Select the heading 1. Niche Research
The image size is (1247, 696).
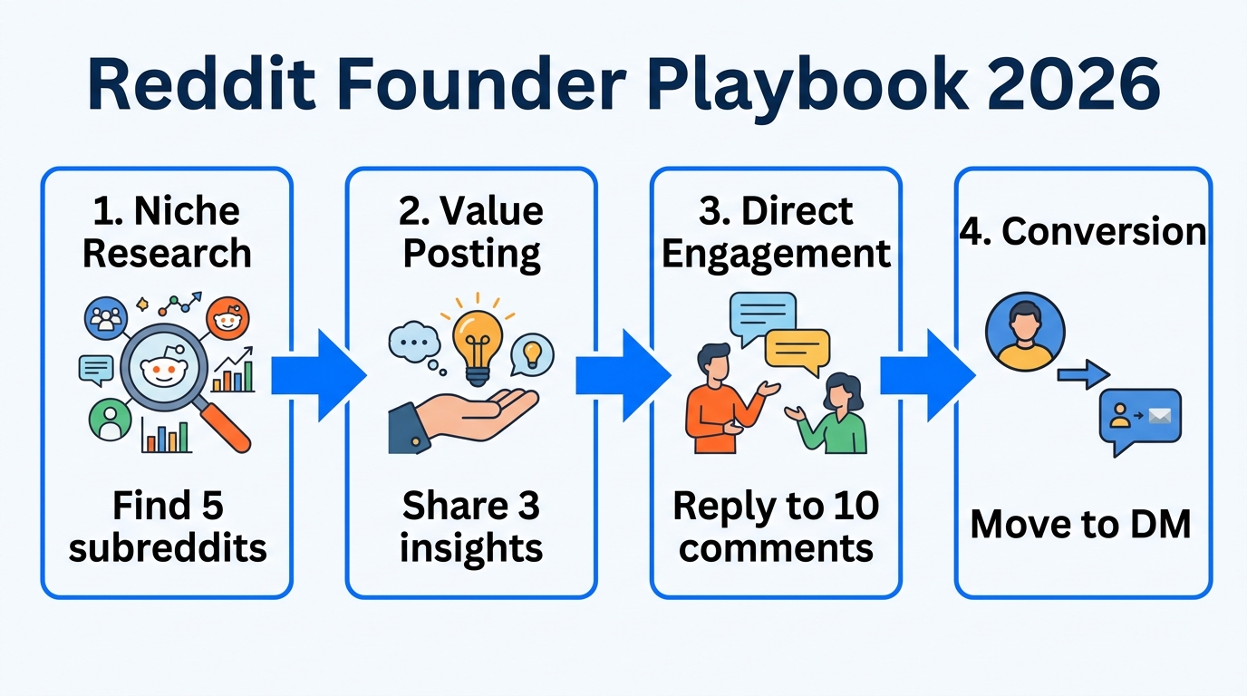tap(167, 232)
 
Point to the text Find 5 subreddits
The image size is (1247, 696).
tap(168, 527)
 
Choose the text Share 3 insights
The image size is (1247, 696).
tap(471, 527)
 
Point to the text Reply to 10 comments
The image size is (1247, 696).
tap(776, 527)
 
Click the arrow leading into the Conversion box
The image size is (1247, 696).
tap(927, 375)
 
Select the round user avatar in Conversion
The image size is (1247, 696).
tap(1025, 331)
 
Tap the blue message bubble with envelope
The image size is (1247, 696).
tap(1139, 419)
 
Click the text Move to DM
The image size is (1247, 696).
tap(1080, 524)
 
